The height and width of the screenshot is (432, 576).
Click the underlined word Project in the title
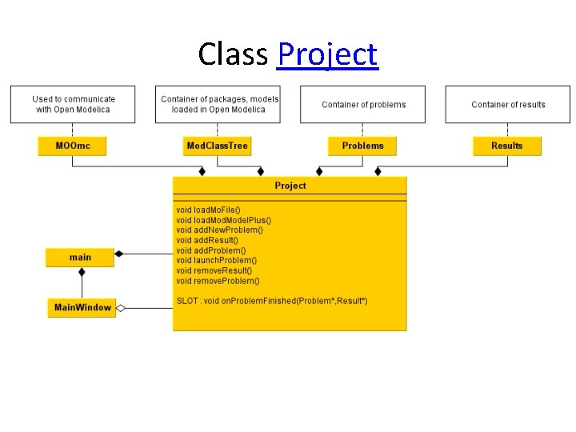pos(326,54)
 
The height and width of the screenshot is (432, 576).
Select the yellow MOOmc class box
pos(72,146)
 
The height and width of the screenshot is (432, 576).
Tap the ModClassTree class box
pos(217,146)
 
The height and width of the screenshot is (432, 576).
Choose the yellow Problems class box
pos(362,146)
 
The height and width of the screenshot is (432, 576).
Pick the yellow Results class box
pos(506,146)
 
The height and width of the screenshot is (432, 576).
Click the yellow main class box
pos(80,258)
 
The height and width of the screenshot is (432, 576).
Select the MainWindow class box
pos(82,307)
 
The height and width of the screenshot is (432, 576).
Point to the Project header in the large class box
pos(290,186)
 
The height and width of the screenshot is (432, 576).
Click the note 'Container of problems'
pos(363,105)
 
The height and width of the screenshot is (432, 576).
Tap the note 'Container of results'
pos(508,105)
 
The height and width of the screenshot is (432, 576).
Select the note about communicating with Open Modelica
pos(74,105)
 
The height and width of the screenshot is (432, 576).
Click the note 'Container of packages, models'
pos(219,105)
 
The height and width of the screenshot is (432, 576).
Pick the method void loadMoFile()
pos(208,210)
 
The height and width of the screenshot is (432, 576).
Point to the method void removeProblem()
pos(218,281)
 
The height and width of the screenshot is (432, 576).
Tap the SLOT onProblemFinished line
pos(272,301)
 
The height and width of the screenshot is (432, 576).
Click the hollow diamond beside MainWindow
pos(121,307)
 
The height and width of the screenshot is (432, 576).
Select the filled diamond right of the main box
pos(119,254)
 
